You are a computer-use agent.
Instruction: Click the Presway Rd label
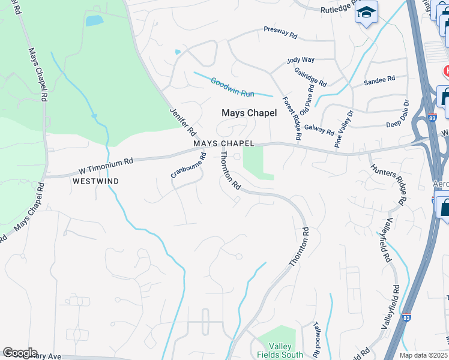(280, 32)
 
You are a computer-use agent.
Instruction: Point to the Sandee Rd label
(379, 79)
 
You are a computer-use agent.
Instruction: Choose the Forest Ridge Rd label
(291, 118)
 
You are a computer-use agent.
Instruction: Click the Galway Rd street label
(319, 127)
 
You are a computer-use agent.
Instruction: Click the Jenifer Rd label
(183, 122)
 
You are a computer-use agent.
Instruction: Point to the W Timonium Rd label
(106, 163)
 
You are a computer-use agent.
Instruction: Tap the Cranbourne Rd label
(188, 166)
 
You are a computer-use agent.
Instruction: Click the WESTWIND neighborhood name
(95, 181)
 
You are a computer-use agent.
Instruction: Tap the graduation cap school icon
(366, 13)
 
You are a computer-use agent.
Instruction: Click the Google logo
(20, 353)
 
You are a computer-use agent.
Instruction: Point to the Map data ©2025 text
(424, 355)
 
